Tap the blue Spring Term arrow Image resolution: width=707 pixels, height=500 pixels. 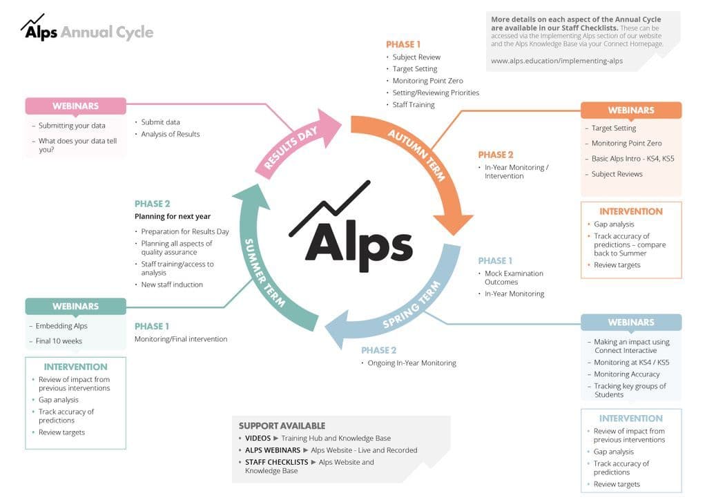click(407, 307)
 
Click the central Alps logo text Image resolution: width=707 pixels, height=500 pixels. click(352, 238)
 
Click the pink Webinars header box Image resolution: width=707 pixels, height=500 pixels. click(76, 106)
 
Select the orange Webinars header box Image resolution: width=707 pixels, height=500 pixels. click(630, 110)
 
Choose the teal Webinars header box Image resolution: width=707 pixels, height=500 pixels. click(76, 307)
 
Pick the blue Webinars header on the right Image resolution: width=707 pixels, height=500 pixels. click(630, 323)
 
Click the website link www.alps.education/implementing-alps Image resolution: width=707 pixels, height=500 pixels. click(556, 61)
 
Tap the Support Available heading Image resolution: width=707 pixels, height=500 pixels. click(282, 425)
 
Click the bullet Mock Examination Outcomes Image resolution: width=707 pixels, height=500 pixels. click(514, 278)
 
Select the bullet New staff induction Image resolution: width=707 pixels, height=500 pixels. click(172, 285)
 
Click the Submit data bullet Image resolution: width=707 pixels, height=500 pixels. click(160, 122)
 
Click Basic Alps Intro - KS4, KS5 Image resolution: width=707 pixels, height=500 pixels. click(632, 159)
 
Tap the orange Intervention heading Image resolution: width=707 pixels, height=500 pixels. click(630, 211)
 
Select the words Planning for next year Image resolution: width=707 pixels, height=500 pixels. click(173, 217)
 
